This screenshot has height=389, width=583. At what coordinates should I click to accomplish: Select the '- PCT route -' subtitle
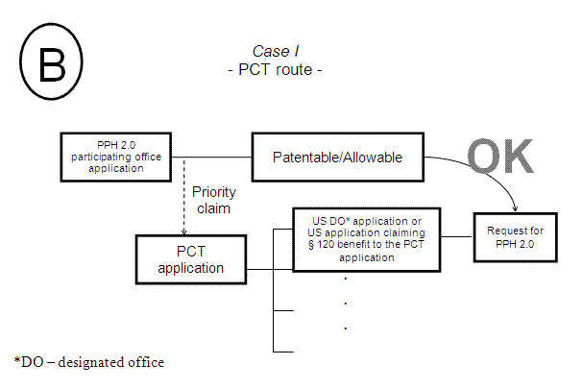(x=279, y=70)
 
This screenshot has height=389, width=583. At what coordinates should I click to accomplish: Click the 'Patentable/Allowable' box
(x=336, y=157)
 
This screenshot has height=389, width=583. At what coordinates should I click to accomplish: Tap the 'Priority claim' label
(x=214, y=199)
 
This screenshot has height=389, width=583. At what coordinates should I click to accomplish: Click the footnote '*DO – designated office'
(x=89, y=362)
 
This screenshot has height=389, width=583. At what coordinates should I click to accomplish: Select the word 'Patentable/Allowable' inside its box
(x=336, y=157)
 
